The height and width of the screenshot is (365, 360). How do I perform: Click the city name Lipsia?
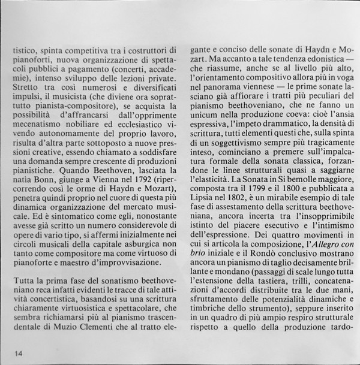click(x=204, y=199)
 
